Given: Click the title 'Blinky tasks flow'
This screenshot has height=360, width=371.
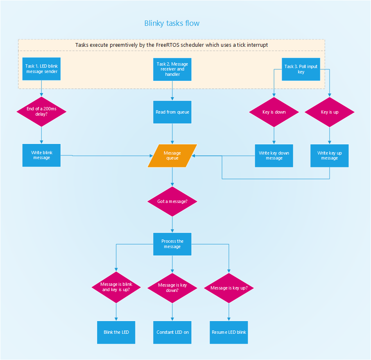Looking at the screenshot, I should (x=172, y=23).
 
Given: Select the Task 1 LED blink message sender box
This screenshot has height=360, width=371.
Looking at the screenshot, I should (x=41, y=69).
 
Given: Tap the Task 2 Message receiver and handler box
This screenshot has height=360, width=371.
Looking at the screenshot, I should (x=172, y=69).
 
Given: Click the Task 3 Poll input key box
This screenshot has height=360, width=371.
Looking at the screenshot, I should (x=301, y=69).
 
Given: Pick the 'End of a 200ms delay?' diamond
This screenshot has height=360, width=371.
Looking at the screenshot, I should (x=41, y=112).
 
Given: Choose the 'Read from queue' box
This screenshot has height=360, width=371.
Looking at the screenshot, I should (x=172, y=112).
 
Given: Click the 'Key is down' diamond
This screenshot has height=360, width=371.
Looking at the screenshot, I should (x=274, y=112).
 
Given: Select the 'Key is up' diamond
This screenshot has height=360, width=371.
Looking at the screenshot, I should (x=330, y=112).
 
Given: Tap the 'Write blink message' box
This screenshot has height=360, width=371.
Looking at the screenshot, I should (x=41, y=155).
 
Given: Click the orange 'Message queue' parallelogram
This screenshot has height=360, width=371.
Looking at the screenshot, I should (x=172, y=156).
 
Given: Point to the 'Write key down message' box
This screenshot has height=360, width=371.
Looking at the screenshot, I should (x=274, y=155).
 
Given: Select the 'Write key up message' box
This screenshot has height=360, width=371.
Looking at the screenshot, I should (x=330, y=155).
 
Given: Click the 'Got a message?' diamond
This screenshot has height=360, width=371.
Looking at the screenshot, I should (x=172, y=202).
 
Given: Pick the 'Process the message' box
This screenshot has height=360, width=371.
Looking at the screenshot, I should (x=172, y=244).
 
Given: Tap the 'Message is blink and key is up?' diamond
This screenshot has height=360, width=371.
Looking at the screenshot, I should (x=116, y=287).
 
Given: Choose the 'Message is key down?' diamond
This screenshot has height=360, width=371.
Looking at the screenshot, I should (x=172, y=287).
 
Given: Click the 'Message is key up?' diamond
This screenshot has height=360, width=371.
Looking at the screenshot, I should (x=229, y=288).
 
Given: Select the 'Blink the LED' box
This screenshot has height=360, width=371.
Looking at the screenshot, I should (x=116, y=332).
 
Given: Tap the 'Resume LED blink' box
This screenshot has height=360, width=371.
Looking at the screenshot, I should (x=229, y=332).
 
